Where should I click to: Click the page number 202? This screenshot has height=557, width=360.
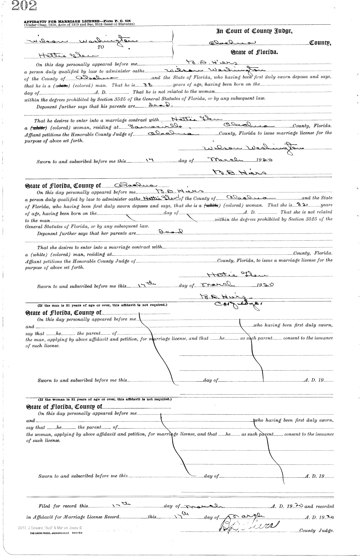[24, 6]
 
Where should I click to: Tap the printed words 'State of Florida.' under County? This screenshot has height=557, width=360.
[254, 52]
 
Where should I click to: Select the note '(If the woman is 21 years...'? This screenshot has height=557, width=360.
[104, 399]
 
